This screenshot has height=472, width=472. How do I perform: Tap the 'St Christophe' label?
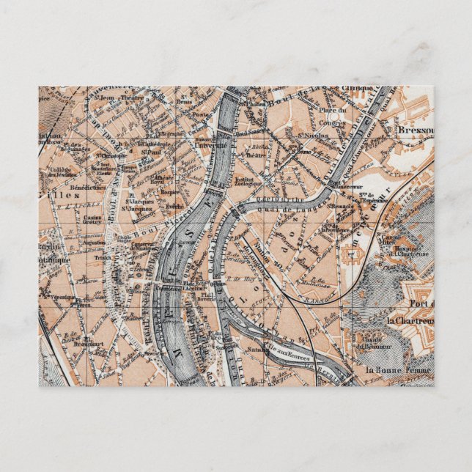(x=114, y=156)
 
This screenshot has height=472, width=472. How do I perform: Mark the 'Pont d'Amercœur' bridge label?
(x=343, y=184)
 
